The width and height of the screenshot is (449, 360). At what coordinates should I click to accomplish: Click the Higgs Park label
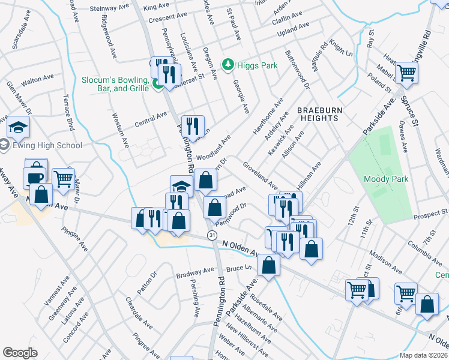(x=257, y=65)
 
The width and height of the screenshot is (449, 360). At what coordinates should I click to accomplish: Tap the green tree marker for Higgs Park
(x=228, y=64)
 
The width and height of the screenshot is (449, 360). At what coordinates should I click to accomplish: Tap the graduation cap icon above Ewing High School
(x=18, y=127)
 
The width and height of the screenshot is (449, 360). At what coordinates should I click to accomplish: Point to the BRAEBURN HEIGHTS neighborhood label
(x=318, y=114)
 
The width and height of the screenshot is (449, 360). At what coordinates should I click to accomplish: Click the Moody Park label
(x=386, y=179)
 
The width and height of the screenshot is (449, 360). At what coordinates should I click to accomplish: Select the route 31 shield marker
(x=212, y=236)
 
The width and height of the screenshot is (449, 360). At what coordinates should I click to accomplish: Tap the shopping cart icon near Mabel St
(x=407, y=73)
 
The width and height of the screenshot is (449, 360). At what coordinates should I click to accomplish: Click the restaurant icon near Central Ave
(x=193, y=125)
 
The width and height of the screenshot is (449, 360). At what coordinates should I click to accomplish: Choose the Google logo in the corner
(x=20, y=352)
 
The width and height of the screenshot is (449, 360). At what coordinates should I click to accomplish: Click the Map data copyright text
(x=423, y=355)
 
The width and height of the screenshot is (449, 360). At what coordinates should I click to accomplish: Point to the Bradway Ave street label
(x=195, y=274)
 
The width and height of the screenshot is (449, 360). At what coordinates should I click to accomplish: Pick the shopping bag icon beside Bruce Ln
(x=269, y=265)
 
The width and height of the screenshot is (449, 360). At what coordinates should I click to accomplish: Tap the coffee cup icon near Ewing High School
(x=34, y=178)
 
